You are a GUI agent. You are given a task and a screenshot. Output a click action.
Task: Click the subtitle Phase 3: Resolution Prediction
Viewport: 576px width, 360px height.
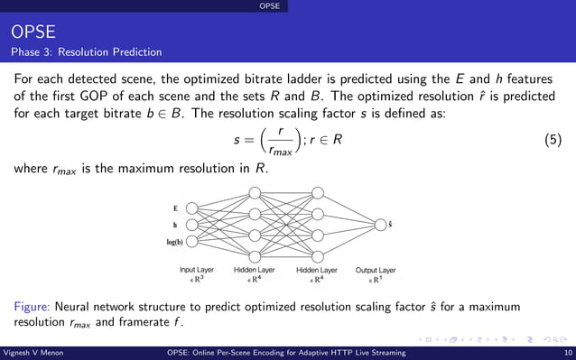(x=87, y=51)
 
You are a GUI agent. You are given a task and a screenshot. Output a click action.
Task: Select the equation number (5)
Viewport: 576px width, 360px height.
(x=555, y=142)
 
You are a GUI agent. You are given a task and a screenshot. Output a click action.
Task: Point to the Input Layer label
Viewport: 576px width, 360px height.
(x=197, y=270)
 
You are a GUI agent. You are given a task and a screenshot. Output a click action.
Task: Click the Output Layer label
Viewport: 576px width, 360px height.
(x=375, y=270)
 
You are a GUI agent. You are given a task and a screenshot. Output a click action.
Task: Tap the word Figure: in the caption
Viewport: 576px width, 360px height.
(x=34, y=308)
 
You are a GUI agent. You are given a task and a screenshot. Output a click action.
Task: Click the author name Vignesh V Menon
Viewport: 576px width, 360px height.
(x=33, y=353)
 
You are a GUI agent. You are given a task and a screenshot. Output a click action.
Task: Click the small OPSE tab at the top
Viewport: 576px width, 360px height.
(x=269, y=6)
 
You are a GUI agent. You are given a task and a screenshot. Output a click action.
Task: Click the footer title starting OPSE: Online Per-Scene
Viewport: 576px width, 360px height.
(x=288, y=353)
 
